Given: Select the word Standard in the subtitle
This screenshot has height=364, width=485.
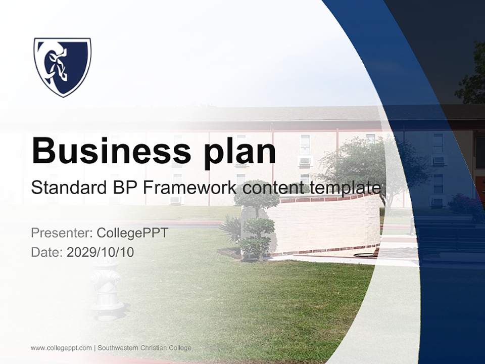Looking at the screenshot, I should pyautogui.click(x=67, y=188).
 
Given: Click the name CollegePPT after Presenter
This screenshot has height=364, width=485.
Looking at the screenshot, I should pyautogui.click(x=132, y=233).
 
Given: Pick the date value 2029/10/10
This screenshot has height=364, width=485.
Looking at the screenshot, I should pyautogui.click(x=101, y=252).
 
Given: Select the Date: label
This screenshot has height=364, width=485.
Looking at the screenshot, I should pyautogui.click(x=47, y=252).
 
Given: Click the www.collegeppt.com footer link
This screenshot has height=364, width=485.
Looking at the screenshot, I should pyautogui.click(x=61, y=348).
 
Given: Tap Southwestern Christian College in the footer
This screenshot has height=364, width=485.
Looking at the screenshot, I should pyautogui.click(x=144, y=348).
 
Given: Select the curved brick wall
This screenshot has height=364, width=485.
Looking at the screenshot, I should pyautogui.click(x=328, y=222).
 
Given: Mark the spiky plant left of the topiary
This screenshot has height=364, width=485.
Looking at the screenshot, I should pyautogui.click(x=231, y=231).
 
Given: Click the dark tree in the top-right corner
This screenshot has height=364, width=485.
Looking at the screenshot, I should pyautogui.click(x=473, y=76).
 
